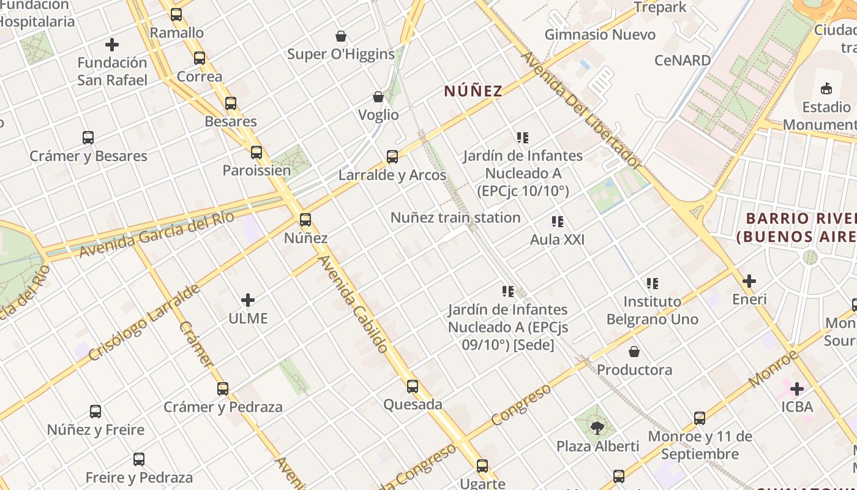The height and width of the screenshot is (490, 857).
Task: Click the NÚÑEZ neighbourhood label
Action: coord(473,91)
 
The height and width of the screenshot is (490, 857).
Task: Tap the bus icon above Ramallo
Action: coord(176,15)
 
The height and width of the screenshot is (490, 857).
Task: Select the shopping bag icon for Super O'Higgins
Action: coord(341,36)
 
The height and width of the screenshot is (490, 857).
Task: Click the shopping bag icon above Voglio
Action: coord(378,97)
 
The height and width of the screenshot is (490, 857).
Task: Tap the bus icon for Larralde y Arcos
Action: coord(392,157)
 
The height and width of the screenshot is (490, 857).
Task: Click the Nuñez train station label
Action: coord(455,217)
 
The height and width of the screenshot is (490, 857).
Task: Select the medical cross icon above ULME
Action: coord(248,300)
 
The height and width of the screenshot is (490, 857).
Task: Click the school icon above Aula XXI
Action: coord(557,222)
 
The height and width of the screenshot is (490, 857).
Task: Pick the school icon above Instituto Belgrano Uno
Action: coord(653,284)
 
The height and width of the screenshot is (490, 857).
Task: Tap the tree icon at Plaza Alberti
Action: coord(597,428)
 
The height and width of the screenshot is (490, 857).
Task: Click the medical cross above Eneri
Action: coord(749,281)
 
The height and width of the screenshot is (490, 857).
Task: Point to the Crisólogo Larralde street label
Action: coord(144,322)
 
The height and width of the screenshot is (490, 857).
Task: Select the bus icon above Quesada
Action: coord(413,386)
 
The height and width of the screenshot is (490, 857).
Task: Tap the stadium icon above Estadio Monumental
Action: coord(826,89)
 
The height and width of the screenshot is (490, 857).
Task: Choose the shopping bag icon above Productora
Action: coord(634,352)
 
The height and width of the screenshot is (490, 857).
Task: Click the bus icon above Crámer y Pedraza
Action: coord(223,389)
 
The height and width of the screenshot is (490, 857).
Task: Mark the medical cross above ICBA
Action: coord(797,389)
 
